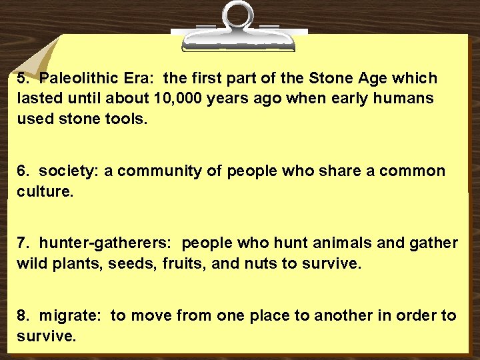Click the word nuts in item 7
tap(261, 263)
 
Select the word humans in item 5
tap(407, 99)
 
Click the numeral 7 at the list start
tap(21, 243)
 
